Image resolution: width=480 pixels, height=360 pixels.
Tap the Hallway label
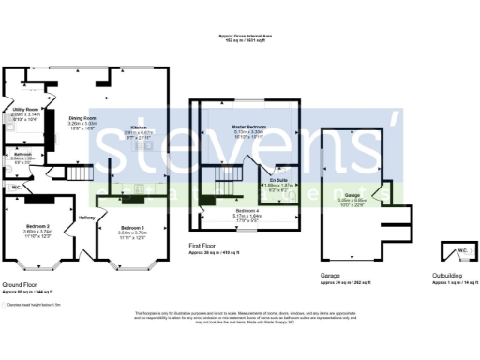click(x=87, y=218)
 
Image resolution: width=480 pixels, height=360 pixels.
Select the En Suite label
click(x=277, y=179)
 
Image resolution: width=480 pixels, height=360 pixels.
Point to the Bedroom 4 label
click(x=247, y=211)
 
